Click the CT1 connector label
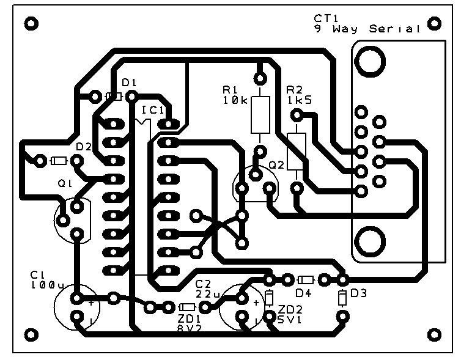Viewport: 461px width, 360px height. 325,18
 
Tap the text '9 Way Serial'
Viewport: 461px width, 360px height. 367,29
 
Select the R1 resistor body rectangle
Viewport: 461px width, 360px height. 260,114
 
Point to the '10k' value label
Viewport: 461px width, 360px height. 235,101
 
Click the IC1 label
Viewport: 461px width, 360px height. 152,111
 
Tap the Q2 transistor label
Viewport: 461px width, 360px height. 276,165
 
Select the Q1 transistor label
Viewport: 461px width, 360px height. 64,183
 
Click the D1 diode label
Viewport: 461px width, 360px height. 129,83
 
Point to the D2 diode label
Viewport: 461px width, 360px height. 83,147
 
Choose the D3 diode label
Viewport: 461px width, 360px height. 359,293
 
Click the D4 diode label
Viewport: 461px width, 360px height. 304,293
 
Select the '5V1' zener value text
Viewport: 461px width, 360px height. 289,319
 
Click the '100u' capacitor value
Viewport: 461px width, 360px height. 46,285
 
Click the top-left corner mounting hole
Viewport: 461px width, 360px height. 31,23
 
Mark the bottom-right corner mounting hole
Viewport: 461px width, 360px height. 434,334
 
